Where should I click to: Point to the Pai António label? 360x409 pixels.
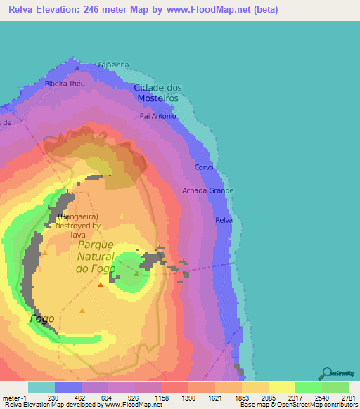[157, 116]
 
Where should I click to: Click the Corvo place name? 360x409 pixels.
[204, 168]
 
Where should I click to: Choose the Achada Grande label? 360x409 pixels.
[207, 190]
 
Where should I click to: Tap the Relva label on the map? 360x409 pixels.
[224, 220]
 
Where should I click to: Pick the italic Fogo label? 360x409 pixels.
[42, 318]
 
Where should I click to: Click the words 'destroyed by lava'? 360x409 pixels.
[79, 231]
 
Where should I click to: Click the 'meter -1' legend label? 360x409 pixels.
[14, 398]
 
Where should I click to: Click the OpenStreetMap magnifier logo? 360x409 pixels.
[326, 373]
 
